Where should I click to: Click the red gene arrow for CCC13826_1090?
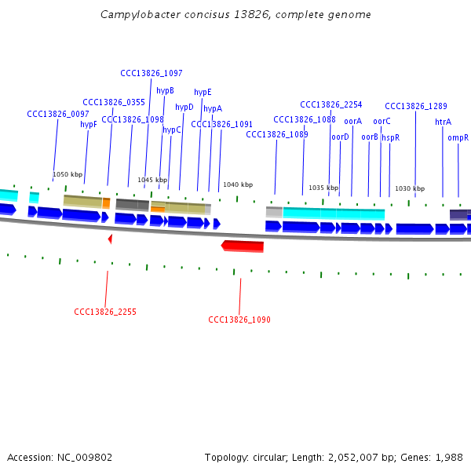[x=243, y=246]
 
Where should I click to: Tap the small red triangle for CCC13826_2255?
[x=110, y=237]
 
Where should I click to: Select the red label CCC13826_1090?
[x=239, y=320]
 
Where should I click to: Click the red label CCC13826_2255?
[x=105, y=312]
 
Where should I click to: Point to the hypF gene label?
[x=89, y=124]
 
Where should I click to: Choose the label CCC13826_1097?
[x=152, y=73]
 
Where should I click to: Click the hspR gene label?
[x=391, y=137]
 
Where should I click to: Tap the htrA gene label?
[x=443, y=122]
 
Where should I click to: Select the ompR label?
[x=458, y=137]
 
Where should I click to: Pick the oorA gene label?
[x=353, y=121]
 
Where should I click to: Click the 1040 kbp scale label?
[x=238, y=184]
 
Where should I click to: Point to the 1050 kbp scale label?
[x=68, y=174]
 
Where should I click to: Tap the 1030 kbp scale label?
[x=410, y=188]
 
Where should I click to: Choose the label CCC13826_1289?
[x=416, y=106]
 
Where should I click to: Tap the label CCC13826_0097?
[x=58, y=114]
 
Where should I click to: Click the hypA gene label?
[x=213, y=109]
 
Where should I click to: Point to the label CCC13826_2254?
[x=331, y=104]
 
